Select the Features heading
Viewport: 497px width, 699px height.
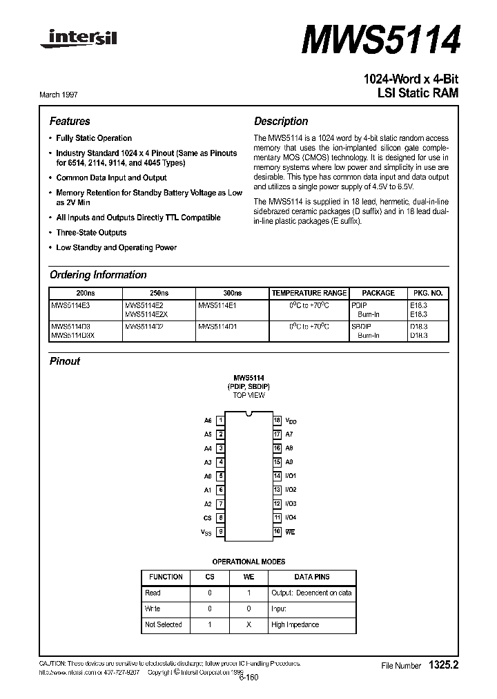pyautogui.click(x=70, y=121)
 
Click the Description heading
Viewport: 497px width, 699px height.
pyautogui.click(x=281, y=121)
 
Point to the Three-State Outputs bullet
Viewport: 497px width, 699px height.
pyautogui.click(x=91, y=233)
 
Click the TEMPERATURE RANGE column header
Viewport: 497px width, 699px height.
pyautogui.click(x=309, y=293)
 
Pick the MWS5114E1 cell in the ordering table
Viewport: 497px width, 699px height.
pyautogui.click(x=217, y=304)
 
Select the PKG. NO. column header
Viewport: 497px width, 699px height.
pyautogui.click(x=427, y=293)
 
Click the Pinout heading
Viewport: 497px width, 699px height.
pyautogui.click(x=65, y=361)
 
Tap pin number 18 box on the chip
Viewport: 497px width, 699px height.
pyautogui.click(x=277, y=420)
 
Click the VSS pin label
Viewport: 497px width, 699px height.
pyautogui.click(x=207, y=533)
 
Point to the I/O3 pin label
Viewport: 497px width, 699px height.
pyautogui.click(x=291, y=504)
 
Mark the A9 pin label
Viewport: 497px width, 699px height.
pyautogui.click(x=289, y=462)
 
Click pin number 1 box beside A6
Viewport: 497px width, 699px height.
pyautogui.click(x=220, y=420)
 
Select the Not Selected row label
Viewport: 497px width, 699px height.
pyautogui.click(x=164, y=624)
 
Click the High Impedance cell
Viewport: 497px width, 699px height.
pyautogui.click(x=295, y=624)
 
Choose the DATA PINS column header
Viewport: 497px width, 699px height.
pyautogui.click(x=312, y=577)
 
